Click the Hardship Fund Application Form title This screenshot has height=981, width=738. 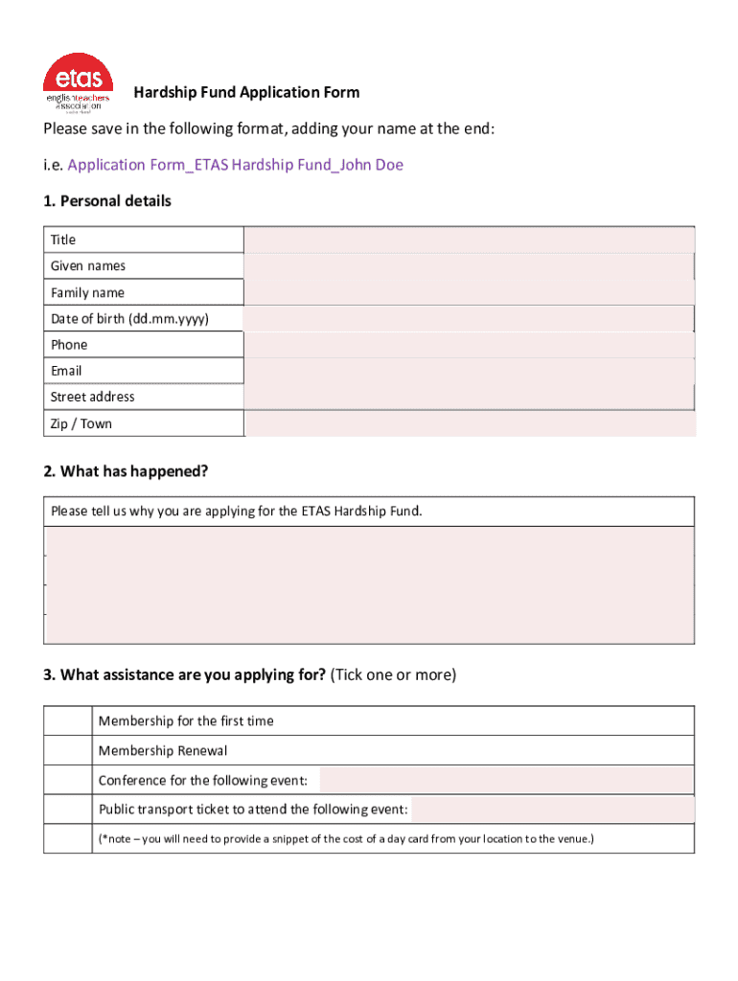coord(246,93)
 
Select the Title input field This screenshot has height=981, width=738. coord(470,240)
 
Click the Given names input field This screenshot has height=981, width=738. coord(470,266)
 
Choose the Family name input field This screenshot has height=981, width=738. coord(470,292)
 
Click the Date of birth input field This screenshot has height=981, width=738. coord(470,319)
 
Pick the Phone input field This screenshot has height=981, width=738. coord(470,345)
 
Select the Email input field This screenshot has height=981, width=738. coord(470,371)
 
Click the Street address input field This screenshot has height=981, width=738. coord(470,397)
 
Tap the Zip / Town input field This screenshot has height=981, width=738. coord(470,423)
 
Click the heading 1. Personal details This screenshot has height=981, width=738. coord(107,201)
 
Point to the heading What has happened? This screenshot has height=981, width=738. coord(126,471)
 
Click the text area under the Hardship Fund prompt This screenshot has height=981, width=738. coord(370,584)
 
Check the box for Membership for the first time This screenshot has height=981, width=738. coord(70,721)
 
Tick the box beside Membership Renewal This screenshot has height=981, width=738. coord(70,751)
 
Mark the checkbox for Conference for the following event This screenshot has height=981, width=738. coord(70,781)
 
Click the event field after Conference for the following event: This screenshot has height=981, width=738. coord(506,780)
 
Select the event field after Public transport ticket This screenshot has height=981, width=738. coord(552,810)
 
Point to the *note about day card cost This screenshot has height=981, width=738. coord(346,839)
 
